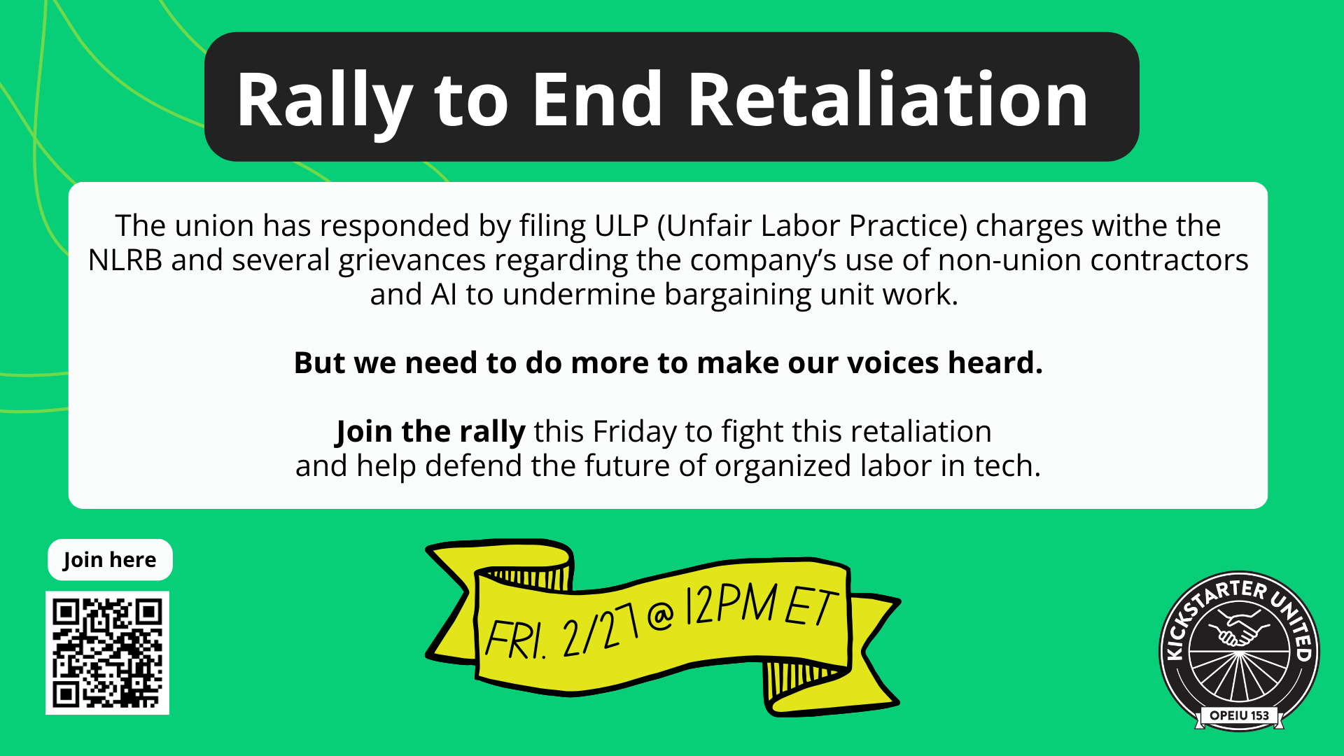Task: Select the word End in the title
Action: click(x=597, y=100)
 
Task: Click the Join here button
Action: click(x=110, y=560)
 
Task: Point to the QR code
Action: click(x=107, y=653)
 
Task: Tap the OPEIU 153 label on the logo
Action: click(x=1239, y=715)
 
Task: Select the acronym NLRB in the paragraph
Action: click(x=125, y=260)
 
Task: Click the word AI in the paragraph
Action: click(x=444, y=295)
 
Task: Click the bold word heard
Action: click(x=995, y=363)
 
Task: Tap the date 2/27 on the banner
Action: click(x=601, y=627)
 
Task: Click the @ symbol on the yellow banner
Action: click(x=661, y=615)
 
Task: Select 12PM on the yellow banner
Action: click(x=731, y=604)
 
